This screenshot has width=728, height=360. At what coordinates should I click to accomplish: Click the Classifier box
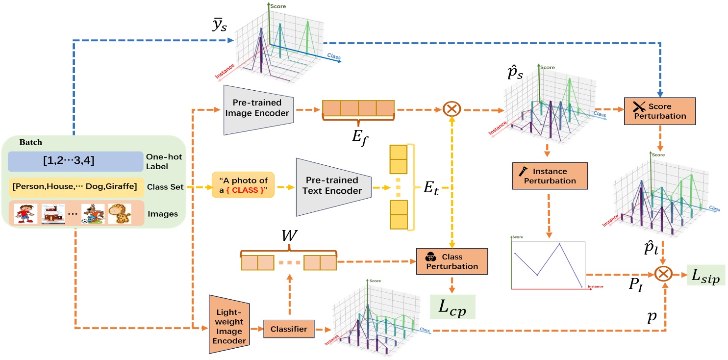[288, 330]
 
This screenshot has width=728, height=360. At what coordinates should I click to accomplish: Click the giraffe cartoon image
[120, 213]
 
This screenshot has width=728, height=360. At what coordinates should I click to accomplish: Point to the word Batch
[31, 142]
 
